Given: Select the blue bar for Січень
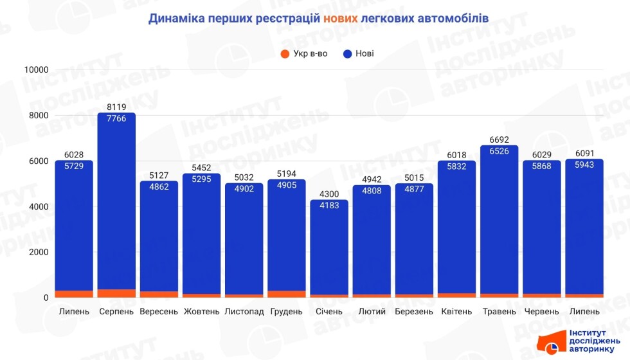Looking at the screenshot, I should click(x=329, y=251).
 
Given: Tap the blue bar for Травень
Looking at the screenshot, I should click(x=499, y=225).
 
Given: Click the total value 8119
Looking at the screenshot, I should click(x=116, y=107).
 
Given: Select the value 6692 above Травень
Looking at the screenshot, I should click(x=499, y=139).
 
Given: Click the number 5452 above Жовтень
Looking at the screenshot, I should click(x=201, y=168).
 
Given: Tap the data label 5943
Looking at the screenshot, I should click(x=584, y=165).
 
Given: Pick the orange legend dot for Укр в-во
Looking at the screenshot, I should click(x=285, y=53).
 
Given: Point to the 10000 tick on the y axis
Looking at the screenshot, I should click(x=36, y=69).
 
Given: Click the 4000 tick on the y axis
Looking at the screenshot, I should click(x=39, y=206).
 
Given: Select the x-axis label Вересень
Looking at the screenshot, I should click(x=158, y=312).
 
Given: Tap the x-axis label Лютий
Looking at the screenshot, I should click(x=372, y=312).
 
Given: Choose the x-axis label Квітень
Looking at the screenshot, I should click(x=456, y=312).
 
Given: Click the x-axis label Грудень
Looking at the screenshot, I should click(x=286, y=312).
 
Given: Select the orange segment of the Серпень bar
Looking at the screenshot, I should click(x=116, y=293).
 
